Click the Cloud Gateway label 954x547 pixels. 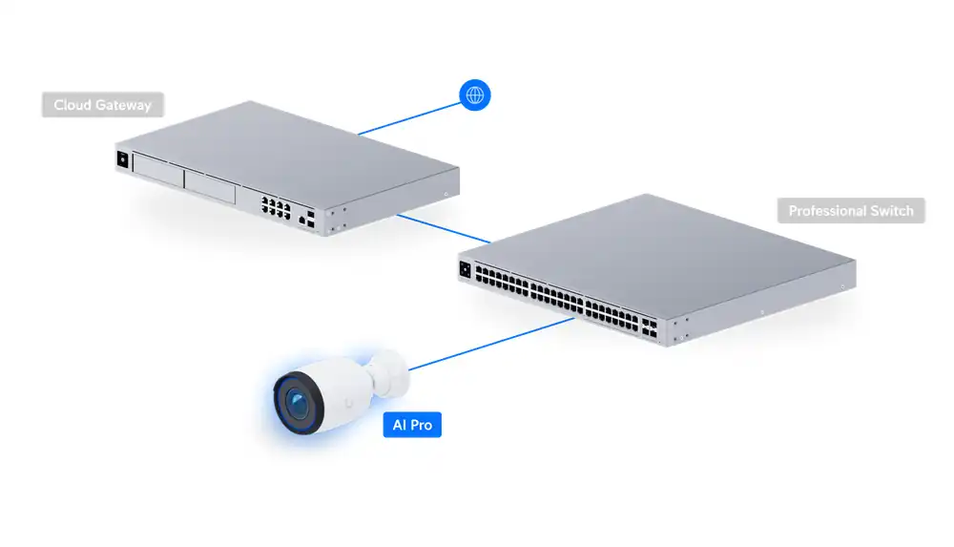point(103,105)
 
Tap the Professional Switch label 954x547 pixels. point(851,211)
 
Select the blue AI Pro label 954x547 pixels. point(412,425)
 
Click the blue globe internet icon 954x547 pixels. point(474,95)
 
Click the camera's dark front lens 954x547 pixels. point(298,403)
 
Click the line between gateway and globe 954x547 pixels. point(409,118)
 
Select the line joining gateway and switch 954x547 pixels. point(444,228)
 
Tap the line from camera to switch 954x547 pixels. point(491,344)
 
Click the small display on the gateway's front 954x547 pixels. point(123,159)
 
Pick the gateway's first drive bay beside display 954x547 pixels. point(158,171)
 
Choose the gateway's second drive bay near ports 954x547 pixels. point(210,187)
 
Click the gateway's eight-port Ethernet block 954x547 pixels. point(276,208)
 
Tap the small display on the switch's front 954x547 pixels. point(466,269)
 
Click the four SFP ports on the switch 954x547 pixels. point(649,327)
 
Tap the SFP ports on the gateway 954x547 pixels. point(311,220)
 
